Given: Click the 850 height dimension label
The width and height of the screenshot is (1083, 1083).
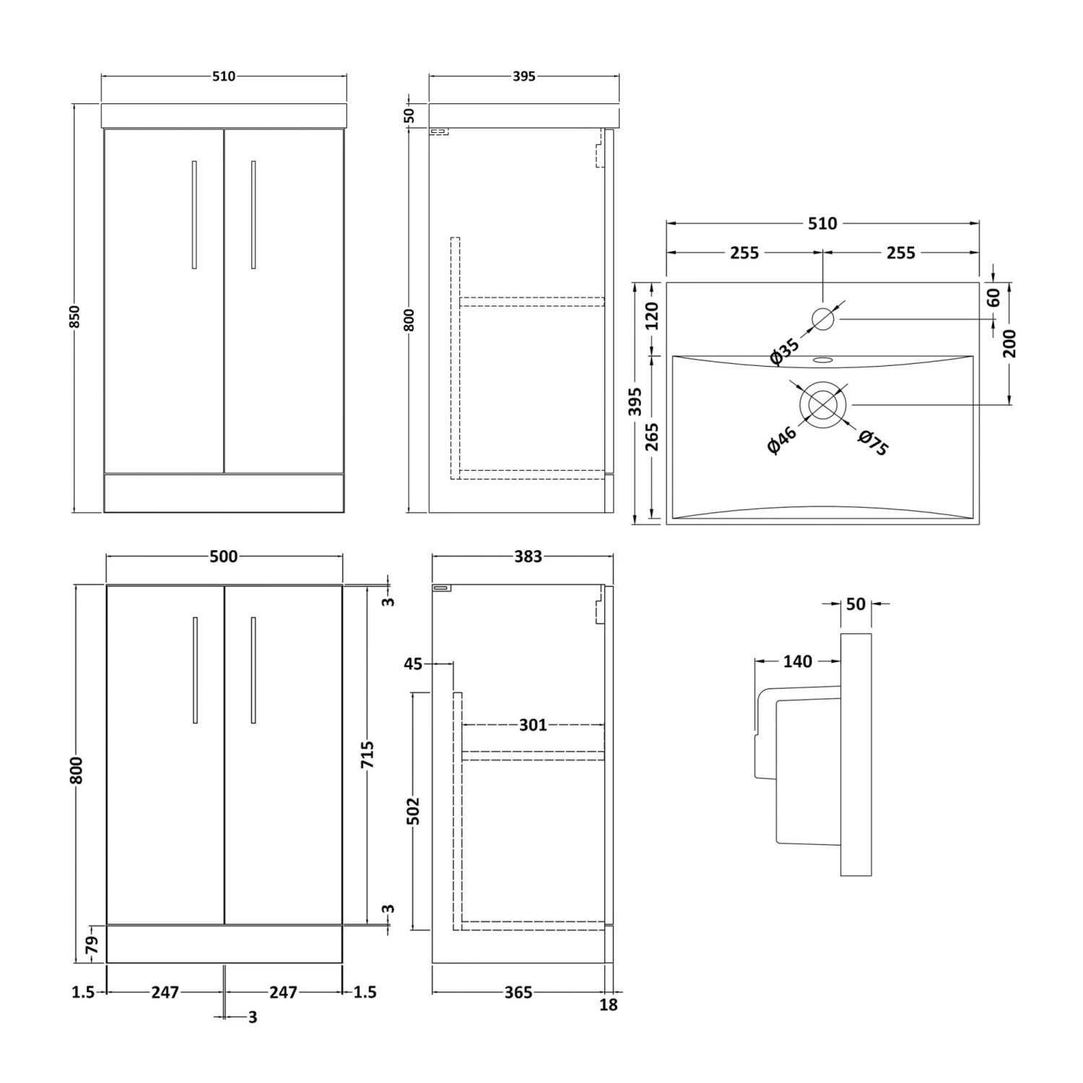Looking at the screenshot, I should (75, 316).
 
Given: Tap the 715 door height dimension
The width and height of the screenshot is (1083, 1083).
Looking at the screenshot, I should (367, 754).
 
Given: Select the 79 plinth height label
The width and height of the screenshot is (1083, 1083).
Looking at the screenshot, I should (92, 944).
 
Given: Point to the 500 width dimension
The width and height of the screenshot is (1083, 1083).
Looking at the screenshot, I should (223, 557).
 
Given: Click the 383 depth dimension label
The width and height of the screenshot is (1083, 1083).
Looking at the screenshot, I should (528, 557).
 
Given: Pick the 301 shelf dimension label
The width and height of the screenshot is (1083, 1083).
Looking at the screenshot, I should (533, 725).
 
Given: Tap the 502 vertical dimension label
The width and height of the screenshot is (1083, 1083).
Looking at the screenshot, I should (412, 811).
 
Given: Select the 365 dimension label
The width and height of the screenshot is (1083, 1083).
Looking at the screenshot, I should (518, 993).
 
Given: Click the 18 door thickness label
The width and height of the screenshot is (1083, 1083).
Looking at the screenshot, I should (609, 1004).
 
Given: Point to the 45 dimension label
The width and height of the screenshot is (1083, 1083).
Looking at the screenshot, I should (413, 664).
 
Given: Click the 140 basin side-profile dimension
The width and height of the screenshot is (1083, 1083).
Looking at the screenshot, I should (797, 661).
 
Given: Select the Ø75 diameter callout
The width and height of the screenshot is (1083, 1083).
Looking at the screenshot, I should (873, 443).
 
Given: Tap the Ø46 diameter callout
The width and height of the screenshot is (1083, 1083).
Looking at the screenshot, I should (782, 440).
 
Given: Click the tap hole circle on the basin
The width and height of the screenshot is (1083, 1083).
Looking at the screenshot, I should (823, 318).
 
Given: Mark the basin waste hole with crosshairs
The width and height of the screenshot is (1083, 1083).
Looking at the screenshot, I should (822, 404).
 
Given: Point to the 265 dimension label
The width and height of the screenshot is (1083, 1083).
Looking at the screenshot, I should (652, 437).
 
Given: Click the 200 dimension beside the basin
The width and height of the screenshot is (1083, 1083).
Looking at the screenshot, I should (1009, 343).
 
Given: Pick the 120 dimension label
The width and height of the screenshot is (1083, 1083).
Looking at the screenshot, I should (652, 316).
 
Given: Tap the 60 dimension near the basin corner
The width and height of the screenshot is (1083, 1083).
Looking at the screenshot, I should (994, 297).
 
